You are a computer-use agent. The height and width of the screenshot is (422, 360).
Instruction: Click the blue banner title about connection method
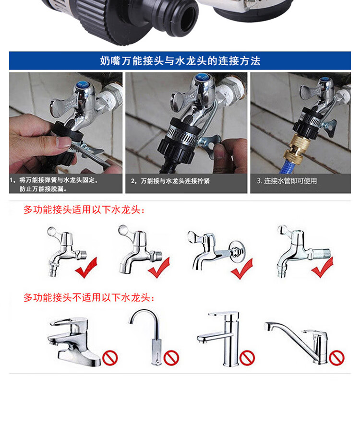coord(180,61)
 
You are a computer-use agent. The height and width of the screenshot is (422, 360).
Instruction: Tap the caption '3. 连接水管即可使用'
coord(287,181)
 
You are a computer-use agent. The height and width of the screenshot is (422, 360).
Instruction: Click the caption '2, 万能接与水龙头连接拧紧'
coord(170,181)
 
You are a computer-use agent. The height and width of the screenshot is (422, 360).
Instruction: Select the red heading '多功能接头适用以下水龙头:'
coord(84,210)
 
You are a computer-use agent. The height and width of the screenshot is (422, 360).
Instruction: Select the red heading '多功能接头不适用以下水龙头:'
coord(89,297)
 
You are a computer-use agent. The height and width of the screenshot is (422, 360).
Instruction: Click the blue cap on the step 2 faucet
coord(200,78)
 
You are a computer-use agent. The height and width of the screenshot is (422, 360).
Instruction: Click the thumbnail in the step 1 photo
coord(65,142)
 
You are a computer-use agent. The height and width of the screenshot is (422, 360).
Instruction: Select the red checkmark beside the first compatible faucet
coord(86,268)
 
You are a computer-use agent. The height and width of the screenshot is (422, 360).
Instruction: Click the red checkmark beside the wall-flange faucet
coord(242,269)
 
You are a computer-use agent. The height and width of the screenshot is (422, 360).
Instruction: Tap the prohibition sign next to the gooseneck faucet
coord(171,358)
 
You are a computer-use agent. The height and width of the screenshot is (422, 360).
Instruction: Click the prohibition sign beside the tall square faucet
coord(247,358)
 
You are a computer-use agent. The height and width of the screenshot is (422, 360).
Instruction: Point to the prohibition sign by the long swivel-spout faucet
coord(337,358)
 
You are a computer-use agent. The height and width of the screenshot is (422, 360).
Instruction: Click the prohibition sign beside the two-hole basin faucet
coord(110,358)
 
